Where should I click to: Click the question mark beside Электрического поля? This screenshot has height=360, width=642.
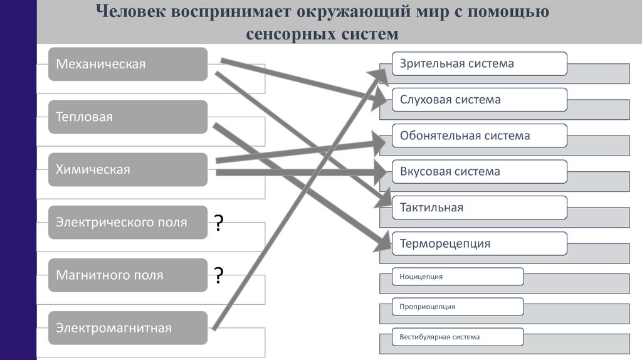pyautogui.click(x=219, y=223)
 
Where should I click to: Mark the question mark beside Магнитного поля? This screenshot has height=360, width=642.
pyautogui.click(x=219, y=275)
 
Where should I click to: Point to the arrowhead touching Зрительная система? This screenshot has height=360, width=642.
pyautogui.click(x=382, y=73)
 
